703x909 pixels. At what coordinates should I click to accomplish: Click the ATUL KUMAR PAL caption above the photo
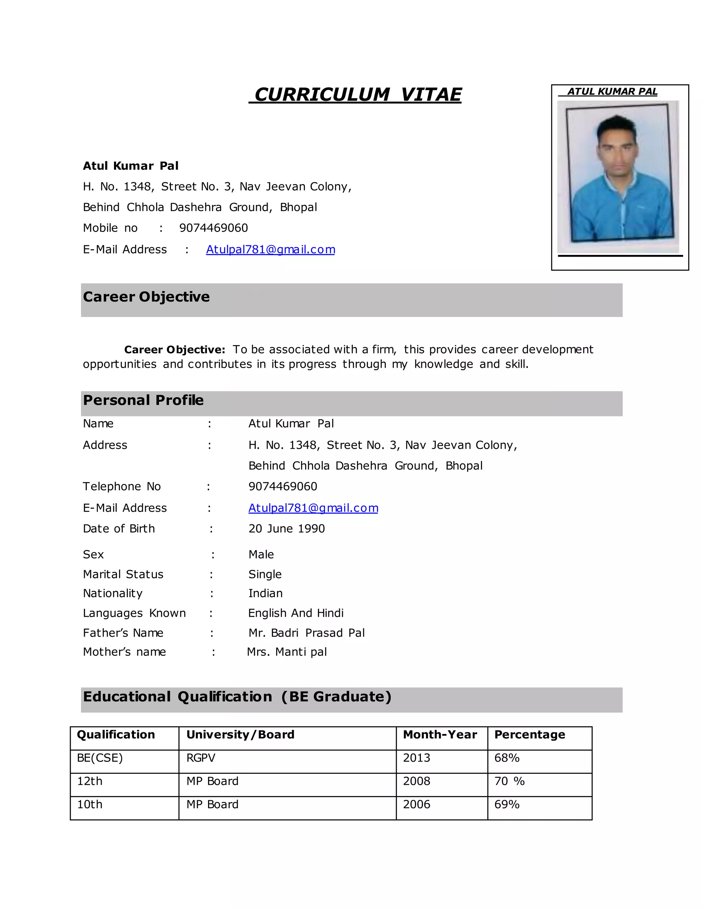pos(612,92)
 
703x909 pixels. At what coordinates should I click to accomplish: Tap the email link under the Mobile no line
pos(270,249)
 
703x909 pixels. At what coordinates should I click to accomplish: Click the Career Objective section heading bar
pos(351,300)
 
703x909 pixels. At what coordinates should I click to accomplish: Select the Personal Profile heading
pos(143,400)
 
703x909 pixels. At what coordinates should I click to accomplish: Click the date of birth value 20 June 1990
pos(287,529)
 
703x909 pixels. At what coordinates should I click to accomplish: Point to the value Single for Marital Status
pos(265,574)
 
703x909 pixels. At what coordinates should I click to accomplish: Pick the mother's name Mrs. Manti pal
pos(287,652)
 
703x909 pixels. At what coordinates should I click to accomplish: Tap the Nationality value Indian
pos(265,593)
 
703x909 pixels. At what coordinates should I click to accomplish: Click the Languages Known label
pos(134,613)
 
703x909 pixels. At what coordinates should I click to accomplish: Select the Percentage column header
pos(529,735)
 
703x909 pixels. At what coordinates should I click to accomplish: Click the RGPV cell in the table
pos(201,758)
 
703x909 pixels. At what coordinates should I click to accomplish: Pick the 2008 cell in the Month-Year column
pos(416,781)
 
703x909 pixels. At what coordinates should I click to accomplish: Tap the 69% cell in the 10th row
pos(507,804)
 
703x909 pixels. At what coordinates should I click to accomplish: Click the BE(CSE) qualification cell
pos(100,758)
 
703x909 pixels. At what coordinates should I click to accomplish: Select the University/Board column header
pos(240,735)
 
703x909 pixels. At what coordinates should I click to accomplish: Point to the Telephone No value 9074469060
pos(283,486)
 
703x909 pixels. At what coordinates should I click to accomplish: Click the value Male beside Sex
pos(261,554)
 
